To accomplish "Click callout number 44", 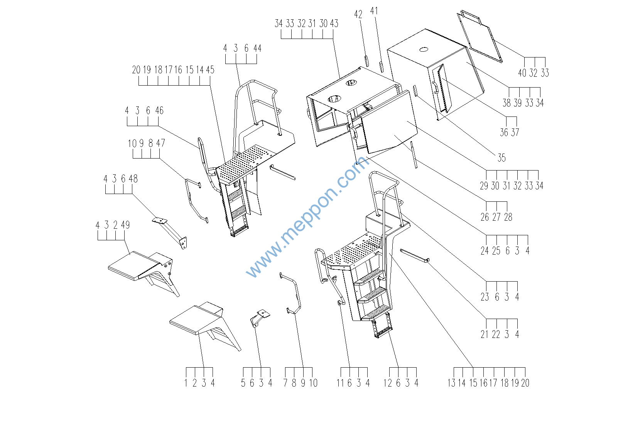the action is [257, 48].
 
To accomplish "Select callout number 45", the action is [210, 70].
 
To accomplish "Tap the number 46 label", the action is [159, 110].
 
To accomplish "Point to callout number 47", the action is [160, 143].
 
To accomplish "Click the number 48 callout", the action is [133, 179].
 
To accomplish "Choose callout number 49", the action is [125, 225].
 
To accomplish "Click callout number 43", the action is [334, 24].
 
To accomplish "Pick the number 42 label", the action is [358, 14].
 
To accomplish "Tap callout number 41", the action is [374, 11].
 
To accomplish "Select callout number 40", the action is [522, 73].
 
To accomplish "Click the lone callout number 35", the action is [501, 158].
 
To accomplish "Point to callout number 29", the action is [484, 186].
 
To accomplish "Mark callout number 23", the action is [485, 297].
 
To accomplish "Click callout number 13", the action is [451, 383].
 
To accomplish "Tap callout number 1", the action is [186, 383].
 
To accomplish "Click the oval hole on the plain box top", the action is [424, 50].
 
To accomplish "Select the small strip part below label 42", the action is [366, 61].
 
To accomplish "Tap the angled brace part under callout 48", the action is [171, 233].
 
